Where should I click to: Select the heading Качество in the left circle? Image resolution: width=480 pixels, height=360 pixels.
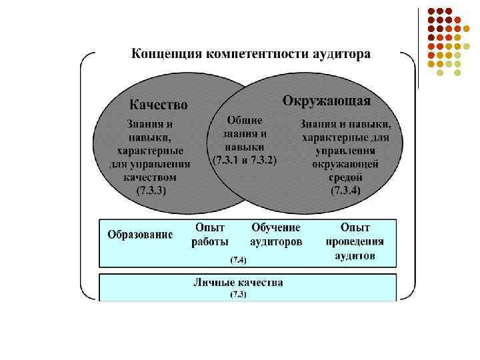tap(158, 105)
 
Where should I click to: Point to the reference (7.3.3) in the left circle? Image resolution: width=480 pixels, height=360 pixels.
tap(151, 190)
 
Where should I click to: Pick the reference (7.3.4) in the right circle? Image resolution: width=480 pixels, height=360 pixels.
tap(345, 190)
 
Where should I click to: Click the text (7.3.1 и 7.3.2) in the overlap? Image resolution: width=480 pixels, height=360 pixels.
tap(244, 161)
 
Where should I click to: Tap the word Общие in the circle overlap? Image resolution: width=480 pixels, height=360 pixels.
tap(245, 121)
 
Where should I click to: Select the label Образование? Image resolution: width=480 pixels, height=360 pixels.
tap(140, 235)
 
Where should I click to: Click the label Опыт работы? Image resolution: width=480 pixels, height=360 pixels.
tap(210, 235)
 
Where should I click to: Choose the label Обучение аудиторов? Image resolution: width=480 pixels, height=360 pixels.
tap(276, 235)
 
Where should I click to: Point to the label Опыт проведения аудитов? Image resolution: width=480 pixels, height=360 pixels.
tap(355, 241)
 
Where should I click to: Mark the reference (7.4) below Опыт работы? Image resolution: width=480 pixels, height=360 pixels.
tap(238, 259)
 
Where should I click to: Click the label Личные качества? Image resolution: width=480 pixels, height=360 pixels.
tap(238, 282)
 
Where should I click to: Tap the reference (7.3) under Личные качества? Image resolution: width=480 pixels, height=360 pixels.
tap(238, 294)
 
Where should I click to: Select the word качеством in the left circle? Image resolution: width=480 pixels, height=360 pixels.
tap(151, 177)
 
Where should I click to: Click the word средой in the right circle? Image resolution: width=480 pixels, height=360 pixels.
tap(345, 177)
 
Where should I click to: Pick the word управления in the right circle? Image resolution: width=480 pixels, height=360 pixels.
tap(345, 151)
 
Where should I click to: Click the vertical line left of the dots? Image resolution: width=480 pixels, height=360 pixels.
tap(417, 47)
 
